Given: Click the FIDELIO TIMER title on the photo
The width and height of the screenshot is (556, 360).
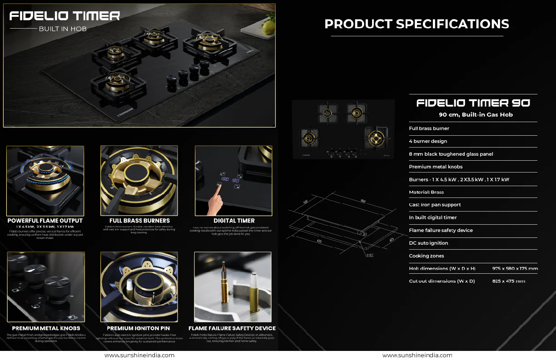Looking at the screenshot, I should (x=65, y=16).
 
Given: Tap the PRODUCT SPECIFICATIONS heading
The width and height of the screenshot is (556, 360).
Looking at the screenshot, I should (x=417, y=24).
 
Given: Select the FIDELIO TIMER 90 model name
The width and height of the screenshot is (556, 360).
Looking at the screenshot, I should (x=473, y=103).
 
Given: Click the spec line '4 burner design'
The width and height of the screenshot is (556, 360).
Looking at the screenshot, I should (x=428, y=141).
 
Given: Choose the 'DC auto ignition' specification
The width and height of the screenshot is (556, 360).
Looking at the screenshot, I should (x=428, y=243).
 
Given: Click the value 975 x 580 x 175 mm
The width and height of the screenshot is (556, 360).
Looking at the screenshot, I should (x=515, y=268).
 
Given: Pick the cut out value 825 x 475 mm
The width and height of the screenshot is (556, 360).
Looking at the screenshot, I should (x=508, y=281).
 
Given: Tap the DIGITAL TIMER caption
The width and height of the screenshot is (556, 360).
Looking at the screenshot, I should (x=234, y=221).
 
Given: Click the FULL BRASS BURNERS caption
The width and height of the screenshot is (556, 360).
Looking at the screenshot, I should (x=139, y=221).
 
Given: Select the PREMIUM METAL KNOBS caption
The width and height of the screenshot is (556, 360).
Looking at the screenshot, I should (x=46, y=328).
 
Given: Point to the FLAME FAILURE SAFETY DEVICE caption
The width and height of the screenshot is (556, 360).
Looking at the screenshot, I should (x=232, y=328).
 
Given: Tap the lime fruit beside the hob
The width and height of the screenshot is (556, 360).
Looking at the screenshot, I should (x=268, y=27).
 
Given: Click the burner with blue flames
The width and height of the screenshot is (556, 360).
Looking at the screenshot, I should (x=44, y=172).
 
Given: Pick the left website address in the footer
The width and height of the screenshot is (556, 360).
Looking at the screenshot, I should (x=139, y=355).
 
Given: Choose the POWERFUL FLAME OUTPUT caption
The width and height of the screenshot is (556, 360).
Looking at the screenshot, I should (x=45, y=221).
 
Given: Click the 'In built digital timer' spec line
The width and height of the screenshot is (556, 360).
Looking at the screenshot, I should (x=433, y=217).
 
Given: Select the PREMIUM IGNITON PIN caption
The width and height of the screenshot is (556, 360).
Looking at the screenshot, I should (x=138, y=328).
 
